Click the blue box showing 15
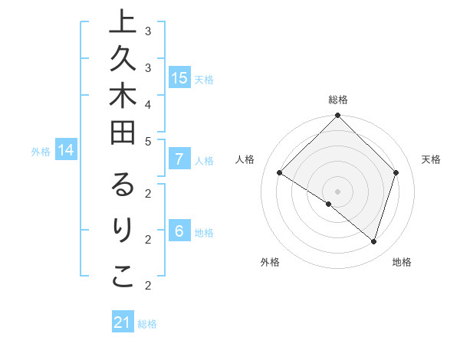coord(179,77)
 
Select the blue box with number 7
coord(179,159)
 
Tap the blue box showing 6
coord(179,231)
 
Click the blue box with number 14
coord(66,150)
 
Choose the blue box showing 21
coord(123,322)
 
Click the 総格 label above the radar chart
coord(338,100)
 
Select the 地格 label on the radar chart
coord(402,262)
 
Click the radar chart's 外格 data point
coord(329,204)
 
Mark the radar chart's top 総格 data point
coord(337,116)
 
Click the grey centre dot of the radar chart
coord(337,191)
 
